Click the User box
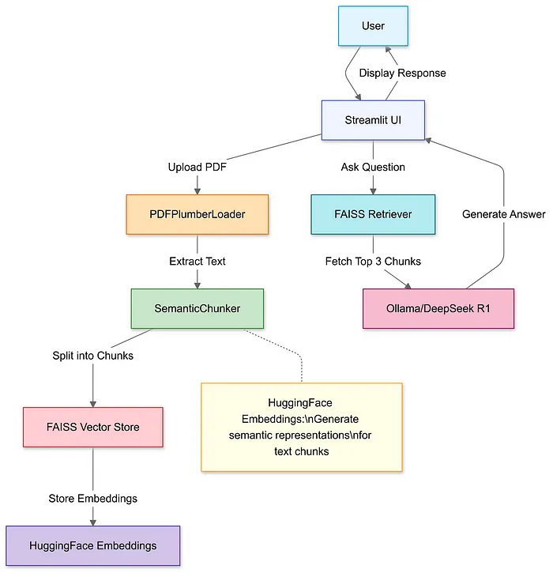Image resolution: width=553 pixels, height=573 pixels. point(373,25)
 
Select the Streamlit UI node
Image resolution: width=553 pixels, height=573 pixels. point(373,121)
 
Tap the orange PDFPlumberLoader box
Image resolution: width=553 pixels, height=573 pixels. point(197,214)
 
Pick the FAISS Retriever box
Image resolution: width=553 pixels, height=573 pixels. point(373,214)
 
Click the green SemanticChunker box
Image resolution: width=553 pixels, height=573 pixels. point(197,308)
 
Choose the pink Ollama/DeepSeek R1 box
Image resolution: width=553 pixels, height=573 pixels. point(438,308)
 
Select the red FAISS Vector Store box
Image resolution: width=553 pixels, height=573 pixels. point(93,428)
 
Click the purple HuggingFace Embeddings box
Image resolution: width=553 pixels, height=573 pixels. point(93,546)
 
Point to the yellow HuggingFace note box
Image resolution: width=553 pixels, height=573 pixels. point(301,428)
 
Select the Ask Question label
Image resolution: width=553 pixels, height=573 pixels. point(373,168)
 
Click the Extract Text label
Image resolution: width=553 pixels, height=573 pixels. point(197,261)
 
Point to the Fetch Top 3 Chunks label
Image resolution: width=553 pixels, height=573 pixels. point(373,261)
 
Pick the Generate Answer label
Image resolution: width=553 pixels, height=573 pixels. point(503,214)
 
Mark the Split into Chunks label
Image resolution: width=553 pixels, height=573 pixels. point(93,356)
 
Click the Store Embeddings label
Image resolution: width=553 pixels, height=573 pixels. point(93,498)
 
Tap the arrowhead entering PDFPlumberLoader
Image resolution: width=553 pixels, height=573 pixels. point(197,190)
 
